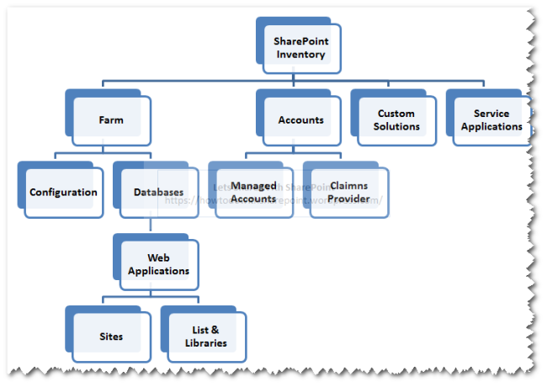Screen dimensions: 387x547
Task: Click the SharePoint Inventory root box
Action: click(x=300, y=47)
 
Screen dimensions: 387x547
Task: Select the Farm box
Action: click(x=110, y=120)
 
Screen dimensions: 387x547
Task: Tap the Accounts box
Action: click(x=300, y=120)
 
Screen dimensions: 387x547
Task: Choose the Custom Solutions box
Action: click(x=396, y=120)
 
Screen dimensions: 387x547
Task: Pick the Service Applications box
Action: click(x=491, y=120)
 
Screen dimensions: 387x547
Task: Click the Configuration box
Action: click(x=63, y=193)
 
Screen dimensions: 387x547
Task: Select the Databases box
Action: click(x=158, y=193)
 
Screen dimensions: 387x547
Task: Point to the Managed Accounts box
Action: click(x=253, y=193)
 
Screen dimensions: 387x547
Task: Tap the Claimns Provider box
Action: click(x=348, y=193)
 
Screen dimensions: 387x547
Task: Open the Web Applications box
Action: click(x=158, y=265)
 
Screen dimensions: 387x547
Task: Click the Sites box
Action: click(x=110, y=337)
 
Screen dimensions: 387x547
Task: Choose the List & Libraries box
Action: click(x=205, y=337)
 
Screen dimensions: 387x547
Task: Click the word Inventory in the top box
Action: click(x=300, y=55)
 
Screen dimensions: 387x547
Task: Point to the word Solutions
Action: click(x=396, y=127)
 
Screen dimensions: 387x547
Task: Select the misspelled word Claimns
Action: click(x=348, y=186)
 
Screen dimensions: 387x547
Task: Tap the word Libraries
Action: click(x=205, y=343)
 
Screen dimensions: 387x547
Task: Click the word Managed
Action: click(x=253, y=186)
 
